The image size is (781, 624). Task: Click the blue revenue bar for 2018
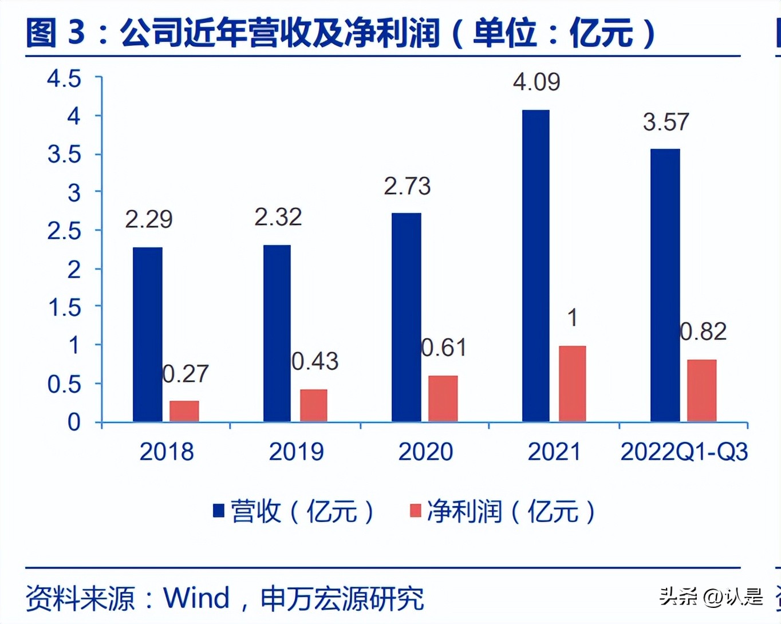147,334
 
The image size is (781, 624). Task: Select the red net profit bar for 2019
313,405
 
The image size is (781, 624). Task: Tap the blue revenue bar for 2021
535,266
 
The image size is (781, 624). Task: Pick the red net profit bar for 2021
572,384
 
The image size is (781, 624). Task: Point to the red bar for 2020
443,398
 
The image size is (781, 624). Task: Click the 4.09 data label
537,82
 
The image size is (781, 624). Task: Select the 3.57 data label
666,122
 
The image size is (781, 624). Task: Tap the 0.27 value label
186,374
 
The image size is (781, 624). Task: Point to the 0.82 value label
703,331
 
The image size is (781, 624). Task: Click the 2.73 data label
407,186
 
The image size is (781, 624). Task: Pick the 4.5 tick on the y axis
64,78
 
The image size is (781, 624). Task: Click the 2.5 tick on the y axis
64,231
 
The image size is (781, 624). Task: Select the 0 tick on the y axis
74,422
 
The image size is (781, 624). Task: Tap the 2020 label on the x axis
425,452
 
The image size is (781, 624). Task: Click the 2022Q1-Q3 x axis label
684,452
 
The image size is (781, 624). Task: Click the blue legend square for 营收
218,510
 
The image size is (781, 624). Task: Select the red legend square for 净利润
416,510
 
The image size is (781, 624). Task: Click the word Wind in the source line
196,598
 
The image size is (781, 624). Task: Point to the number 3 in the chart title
76,33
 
